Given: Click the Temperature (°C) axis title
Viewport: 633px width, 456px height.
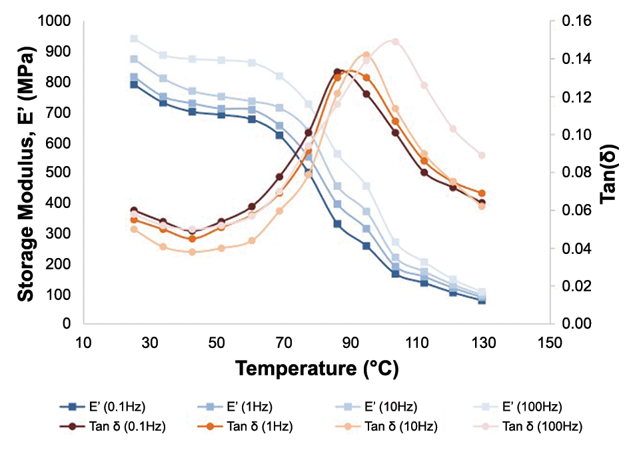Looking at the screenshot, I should [x=316, y=367].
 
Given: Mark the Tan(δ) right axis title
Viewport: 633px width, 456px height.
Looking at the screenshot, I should [x=614, y=172].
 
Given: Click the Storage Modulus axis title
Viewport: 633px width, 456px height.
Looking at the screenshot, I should [x=25, y=172].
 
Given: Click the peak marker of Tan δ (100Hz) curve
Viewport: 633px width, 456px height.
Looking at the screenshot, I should [x=395, y=41].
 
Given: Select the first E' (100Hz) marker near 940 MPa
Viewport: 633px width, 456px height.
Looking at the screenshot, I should [x=134, y=39].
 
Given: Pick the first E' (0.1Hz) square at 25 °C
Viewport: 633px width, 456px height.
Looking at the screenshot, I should [x=134, y=85].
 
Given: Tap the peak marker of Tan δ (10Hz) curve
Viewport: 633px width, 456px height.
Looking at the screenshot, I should [x=366, y=55].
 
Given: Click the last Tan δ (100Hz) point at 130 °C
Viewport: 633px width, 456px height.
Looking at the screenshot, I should [x=482, y=155].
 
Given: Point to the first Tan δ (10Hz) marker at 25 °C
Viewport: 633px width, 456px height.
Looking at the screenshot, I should [x=134, y=229].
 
